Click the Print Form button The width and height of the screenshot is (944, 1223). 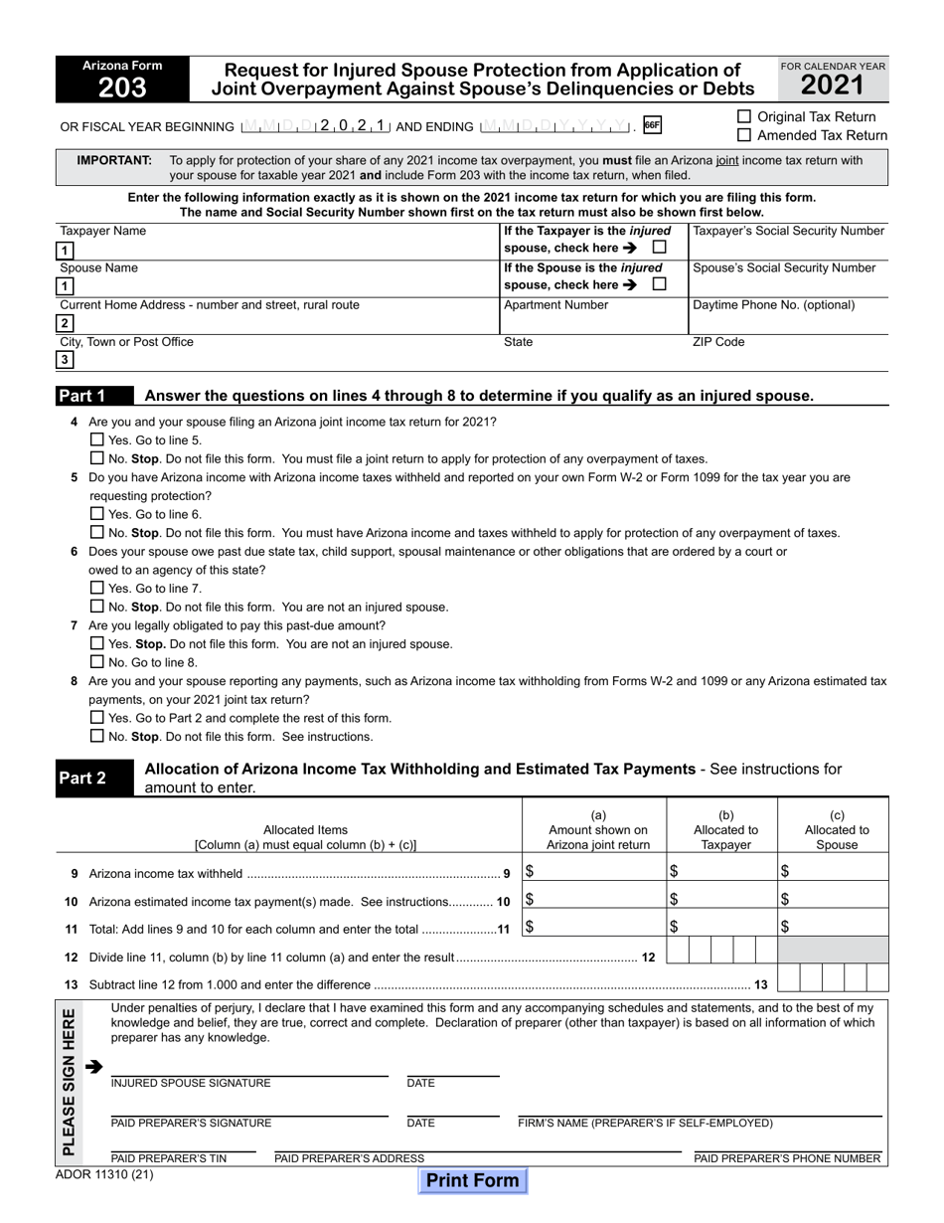(x=473, y=1180)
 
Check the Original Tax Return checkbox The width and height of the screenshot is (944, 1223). (x=744, y=117)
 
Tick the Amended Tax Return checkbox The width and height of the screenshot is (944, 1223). (x=744, y=135)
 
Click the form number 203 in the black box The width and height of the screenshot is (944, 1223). (x=122, y=87)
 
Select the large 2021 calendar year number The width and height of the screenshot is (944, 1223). (x=833, y=86)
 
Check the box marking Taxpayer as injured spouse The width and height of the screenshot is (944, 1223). (x=660, y=248)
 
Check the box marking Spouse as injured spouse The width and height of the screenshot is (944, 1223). (x=660, y=284)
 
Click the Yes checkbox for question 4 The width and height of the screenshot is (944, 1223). (x=96, y=439)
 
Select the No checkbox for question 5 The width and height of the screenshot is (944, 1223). (x=96, y=532)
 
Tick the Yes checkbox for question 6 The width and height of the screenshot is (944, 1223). (x=96, y=588)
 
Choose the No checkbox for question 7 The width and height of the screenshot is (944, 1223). (x=96, y=661)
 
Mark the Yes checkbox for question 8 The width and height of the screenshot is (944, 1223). (x=96, y=717)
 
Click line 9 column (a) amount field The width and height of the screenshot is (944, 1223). (x=594, y=872)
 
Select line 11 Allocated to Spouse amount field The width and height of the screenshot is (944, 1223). (x=833, y=927)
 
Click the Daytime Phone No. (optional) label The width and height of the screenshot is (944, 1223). (x=773, y=305)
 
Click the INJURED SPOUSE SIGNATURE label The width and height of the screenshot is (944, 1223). (x=191, y=1084)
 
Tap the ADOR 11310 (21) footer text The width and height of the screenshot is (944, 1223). (x=105, y=1174)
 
